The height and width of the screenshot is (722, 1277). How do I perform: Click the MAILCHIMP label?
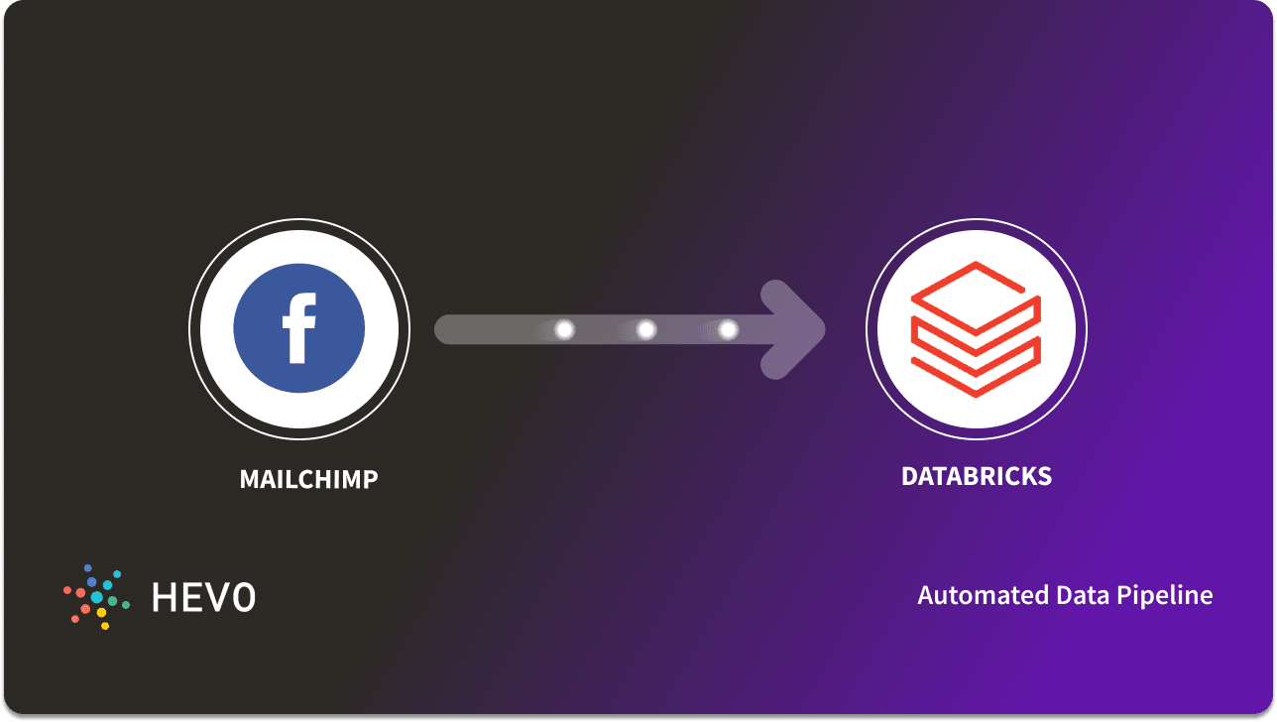pyautogui.click(x=308, y=480)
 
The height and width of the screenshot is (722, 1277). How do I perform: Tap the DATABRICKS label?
pyautogui.click(x=976, y=476)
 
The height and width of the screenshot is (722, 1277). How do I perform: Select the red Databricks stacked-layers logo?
pyautogui.click(x=976, y=329)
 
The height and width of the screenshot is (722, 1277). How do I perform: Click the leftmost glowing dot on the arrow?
pyautogui.click(x=564, y=329)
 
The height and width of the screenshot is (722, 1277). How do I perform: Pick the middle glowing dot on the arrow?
pyautogui.click(x=646, y=329)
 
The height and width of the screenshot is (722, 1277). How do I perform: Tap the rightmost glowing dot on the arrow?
pyautogui.click(x=728, y=329)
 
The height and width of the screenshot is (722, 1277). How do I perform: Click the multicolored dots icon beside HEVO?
pyautogui.click(x=95, y=596)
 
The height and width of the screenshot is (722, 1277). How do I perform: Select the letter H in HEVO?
pyautogui.click(x=164, y=596)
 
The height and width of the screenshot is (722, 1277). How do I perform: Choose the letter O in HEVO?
pyautogui.click(x=243, y=596)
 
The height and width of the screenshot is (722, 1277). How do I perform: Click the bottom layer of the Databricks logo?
pyautogui.click(x=976, y=371)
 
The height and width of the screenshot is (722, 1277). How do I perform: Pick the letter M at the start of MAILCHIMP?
pyautogui.click(x=249, y=480)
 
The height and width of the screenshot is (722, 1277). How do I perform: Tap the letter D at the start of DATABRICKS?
pyautogui.click(x=909, y=476)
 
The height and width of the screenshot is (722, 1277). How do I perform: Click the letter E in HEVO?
pyautogui.click(x=192, y=596)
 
